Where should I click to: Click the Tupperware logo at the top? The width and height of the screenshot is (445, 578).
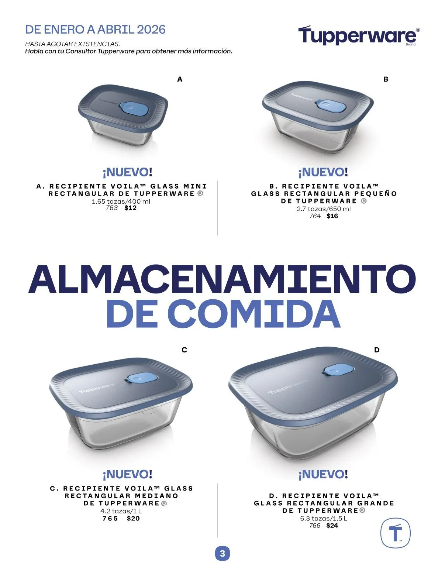point(358,36)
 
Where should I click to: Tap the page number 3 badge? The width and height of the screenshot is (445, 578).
point(222,554)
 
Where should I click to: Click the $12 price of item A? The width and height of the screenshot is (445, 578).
point(131,208)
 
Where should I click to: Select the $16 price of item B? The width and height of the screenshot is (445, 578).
point(332,216)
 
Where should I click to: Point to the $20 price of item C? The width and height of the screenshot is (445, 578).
point(133,518)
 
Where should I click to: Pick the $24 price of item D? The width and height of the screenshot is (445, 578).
point(332,526)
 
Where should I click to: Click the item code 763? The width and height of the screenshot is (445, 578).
point(112,208)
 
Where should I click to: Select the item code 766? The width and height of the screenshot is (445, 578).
point(315,526)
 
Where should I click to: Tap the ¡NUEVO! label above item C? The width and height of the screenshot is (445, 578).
point(127,474)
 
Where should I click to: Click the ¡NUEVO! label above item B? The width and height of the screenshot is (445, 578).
point(323,172)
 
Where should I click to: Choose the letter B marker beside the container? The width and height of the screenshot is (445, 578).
point(386,79)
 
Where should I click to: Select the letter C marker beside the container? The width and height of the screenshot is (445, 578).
point(184,350)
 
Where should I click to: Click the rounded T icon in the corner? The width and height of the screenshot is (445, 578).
point(395,533)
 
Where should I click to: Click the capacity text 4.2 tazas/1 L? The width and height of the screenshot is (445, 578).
point(121,511)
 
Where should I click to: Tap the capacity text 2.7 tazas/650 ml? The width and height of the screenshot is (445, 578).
point(324,209)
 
